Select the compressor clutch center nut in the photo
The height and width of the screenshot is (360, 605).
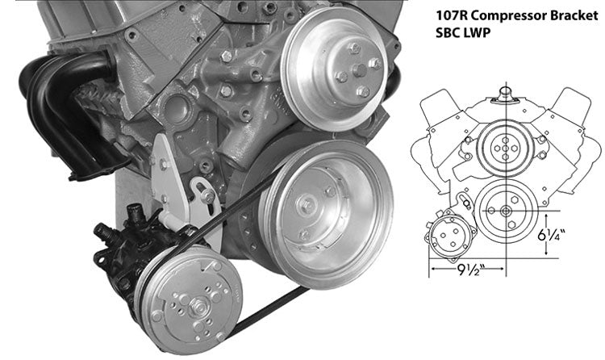(197, 304)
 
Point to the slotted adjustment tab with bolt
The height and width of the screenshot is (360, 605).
(203, 195)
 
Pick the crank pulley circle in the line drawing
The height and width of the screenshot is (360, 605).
(504, 211)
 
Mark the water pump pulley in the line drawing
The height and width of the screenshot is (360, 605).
(504, 149)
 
